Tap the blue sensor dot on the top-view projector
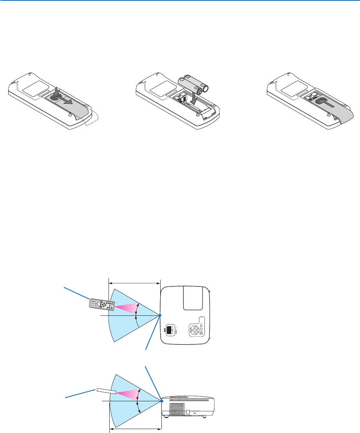coord(160,315)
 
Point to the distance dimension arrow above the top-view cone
coord(134,281)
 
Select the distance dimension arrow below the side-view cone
coord(135,429)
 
